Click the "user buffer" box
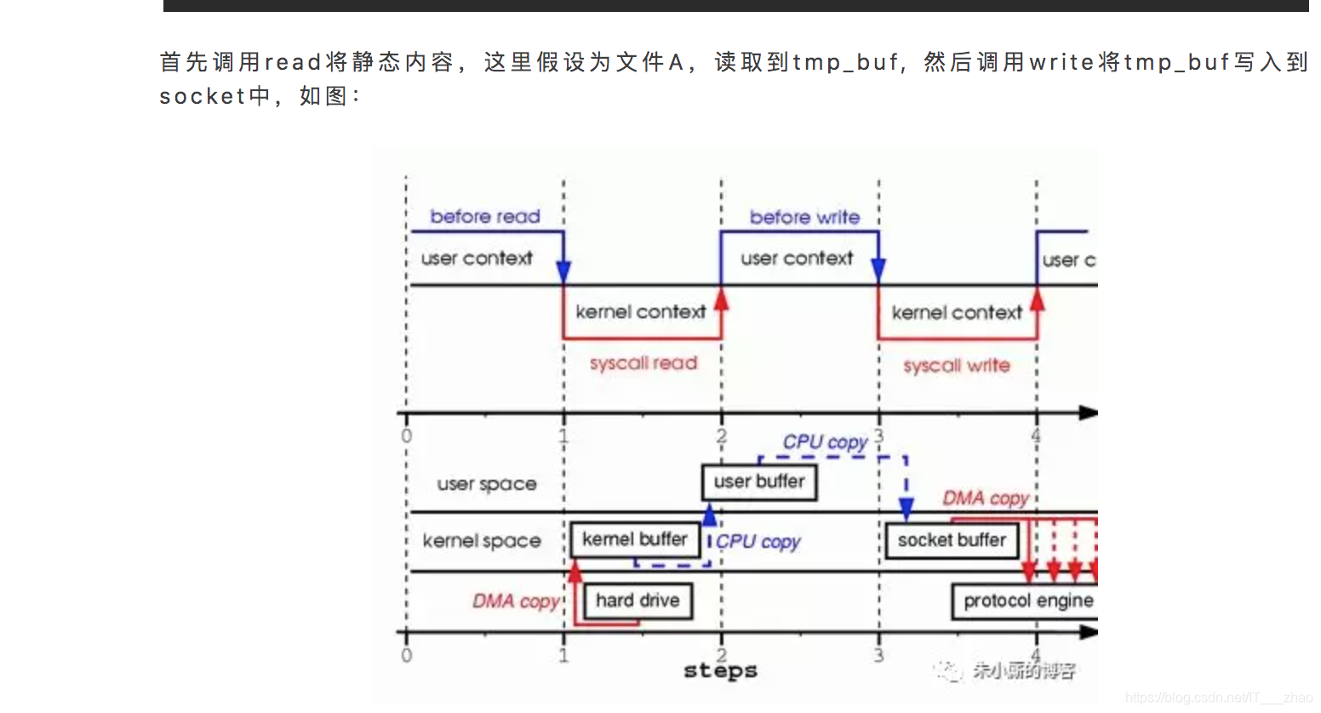tap(759, 482)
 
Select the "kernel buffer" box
tap(635, 539)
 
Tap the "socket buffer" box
tap(952, 540)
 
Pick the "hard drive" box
tap(638, 601)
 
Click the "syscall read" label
tap(643, 363)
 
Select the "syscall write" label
tap(957, 366)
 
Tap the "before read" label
tap(485, 217)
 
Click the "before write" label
tap(804, 218)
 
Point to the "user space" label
tap(487, 484)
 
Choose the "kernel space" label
tap(482, 541)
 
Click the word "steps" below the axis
tap(720, 671)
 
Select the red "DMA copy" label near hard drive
tap(516, 602)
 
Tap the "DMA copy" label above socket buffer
tap(986, 498)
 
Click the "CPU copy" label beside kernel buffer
tap(758, 542)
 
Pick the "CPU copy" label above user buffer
tap(825, 442)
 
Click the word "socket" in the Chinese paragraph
tap(203, 96)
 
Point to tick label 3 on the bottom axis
tap(878, 655)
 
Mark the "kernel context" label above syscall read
tap(641, 312)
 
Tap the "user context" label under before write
tap(797, 259)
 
